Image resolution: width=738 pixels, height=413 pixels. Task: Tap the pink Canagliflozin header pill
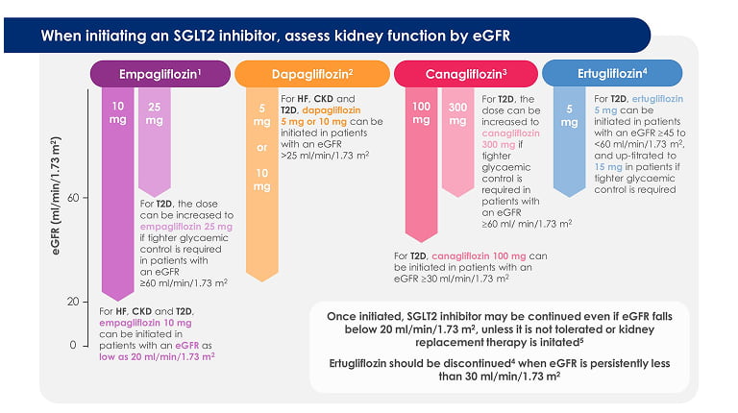[x=465, y=73]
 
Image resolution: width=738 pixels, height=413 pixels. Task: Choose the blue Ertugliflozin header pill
[x=612, y=73]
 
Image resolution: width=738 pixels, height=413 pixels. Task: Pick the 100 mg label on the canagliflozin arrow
[x=420, y=113]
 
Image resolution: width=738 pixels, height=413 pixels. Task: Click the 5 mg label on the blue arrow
[x=569, y=115]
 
